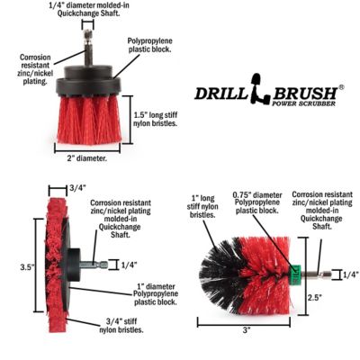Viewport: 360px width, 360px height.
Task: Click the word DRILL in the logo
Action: (221, 93)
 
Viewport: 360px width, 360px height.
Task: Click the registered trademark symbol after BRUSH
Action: (340, 87)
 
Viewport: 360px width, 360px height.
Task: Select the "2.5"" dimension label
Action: (338, 298)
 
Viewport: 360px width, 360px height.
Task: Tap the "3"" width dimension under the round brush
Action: (246, 330)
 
